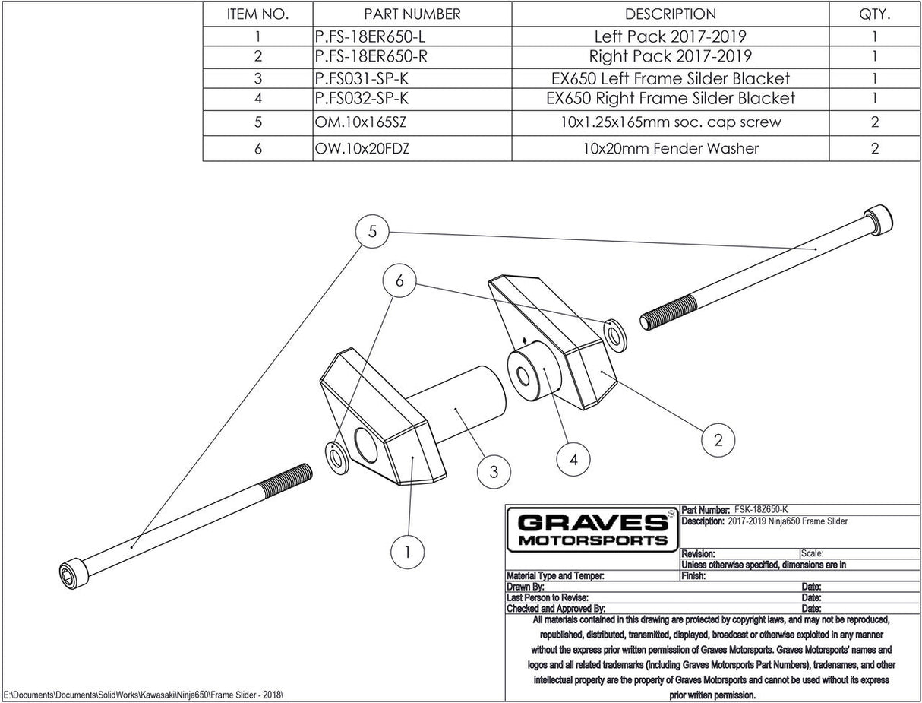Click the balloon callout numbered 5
tap(372, 232)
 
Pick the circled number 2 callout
tap(717, 439)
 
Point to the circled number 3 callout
tap(494, 471)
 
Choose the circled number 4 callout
tap(573, 458)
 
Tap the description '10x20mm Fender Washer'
tap(670, 148)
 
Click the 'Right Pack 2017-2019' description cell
tap(670, 56)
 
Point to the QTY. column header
tap(875, 14)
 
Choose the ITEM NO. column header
tap(257, 14)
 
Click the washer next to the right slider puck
tap(616, 335)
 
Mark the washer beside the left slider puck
tap(336, 454)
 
